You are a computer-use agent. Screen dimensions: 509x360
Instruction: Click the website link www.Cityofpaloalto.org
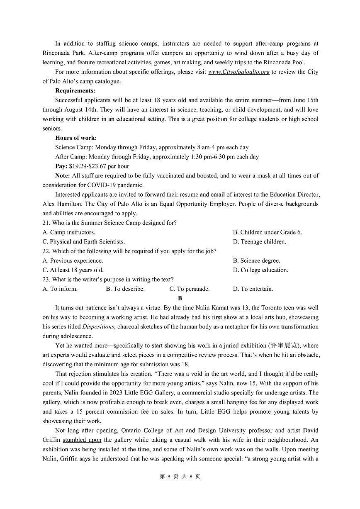tap(238, 72)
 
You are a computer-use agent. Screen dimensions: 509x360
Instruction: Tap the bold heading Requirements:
tap(75, 90)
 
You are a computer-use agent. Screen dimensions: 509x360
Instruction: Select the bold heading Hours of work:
tap(76, 138)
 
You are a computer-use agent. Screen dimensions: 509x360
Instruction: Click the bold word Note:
tap(63, 175)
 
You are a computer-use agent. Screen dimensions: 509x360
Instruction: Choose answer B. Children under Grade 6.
tap(267, 232)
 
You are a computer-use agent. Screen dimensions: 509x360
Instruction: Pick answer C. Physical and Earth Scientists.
tap(83, 241)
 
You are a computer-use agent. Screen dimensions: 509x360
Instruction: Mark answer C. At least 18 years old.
tap(73, 270)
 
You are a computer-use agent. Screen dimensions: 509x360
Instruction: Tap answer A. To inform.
tap(60, 289)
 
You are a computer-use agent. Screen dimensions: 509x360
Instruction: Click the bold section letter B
tap(180, 298)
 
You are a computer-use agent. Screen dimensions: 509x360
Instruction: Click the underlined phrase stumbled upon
tap(82, 440)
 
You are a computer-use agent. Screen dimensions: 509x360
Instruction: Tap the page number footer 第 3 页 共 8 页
tap(180, 476)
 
